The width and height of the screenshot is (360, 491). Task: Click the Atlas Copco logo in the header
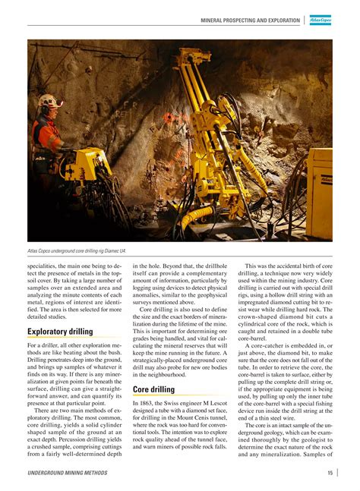pyautogui.click(x=321, y=20)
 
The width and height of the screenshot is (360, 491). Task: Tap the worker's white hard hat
pyautogui.click(x=50, y=101)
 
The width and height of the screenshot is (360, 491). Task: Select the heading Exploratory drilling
pyautogui.click(x=60, y=332)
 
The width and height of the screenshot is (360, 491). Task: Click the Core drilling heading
pyautogui.click(x=153, y=389)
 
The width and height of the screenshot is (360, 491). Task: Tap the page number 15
pyautogui.click(x=330, y=474)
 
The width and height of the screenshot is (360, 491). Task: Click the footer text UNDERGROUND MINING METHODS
pyautogui.click(x=68, y=474)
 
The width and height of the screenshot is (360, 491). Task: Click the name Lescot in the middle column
pyautogui.click(x=217, y=404)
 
